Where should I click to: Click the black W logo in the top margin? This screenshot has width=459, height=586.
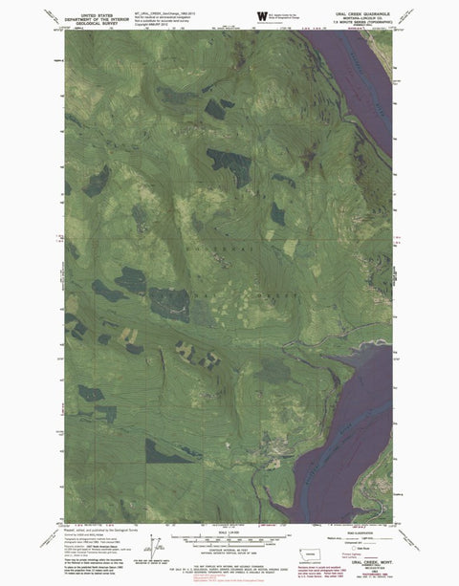click(263, 14)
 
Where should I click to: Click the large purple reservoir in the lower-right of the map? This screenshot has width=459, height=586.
click(349, 430)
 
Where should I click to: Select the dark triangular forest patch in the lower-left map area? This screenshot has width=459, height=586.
click(168, 449)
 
